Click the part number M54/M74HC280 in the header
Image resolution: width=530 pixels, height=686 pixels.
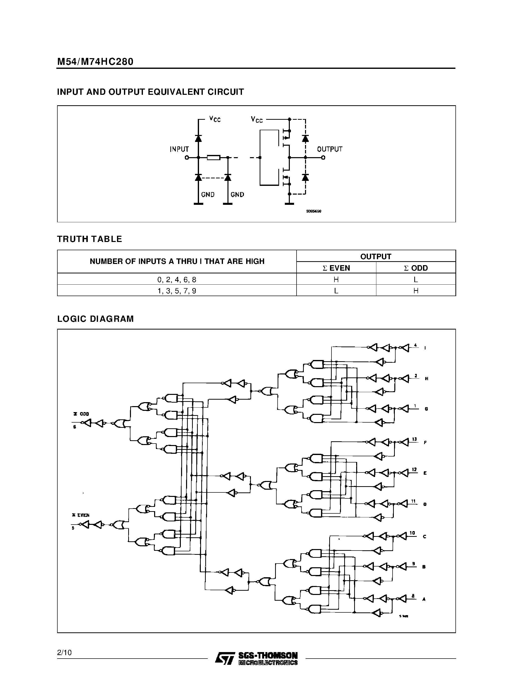point(95,62)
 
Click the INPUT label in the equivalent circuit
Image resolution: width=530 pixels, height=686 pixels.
point(179,149)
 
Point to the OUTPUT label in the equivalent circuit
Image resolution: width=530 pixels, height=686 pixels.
point(329,149)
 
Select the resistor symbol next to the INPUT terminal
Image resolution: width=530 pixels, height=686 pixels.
point(213,157)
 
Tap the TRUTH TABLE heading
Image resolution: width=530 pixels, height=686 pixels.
point(90,239)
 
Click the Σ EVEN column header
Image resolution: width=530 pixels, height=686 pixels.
point(336,268)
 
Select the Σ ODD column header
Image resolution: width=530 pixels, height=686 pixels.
point(416,268)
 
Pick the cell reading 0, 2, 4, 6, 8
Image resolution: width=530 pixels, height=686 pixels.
point(177,279)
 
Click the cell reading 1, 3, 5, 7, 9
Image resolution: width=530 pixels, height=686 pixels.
point(177,291)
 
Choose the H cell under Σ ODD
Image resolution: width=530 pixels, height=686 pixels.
point(416,291)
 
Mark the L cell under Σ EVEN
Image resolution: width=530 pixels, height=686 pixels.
point(336,291)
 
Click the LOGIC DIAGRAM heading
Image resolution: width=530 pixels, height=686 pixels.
point(96,319)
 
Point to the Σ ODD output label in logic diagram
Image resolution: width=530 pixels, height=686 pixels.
point(81,414)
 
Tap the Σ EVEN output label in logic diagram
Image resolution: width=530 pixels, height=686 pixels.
point(81,515)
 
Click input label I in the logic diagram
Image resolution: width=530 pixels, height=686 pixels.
point(425,348)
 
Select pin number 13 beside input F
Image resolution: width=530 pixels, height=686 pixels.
point(415,439)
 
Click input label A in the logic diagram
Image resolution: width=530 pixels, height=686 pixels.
point(424,599)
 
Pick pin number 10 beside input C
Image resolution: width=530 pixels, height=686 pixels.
point(412,533)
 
